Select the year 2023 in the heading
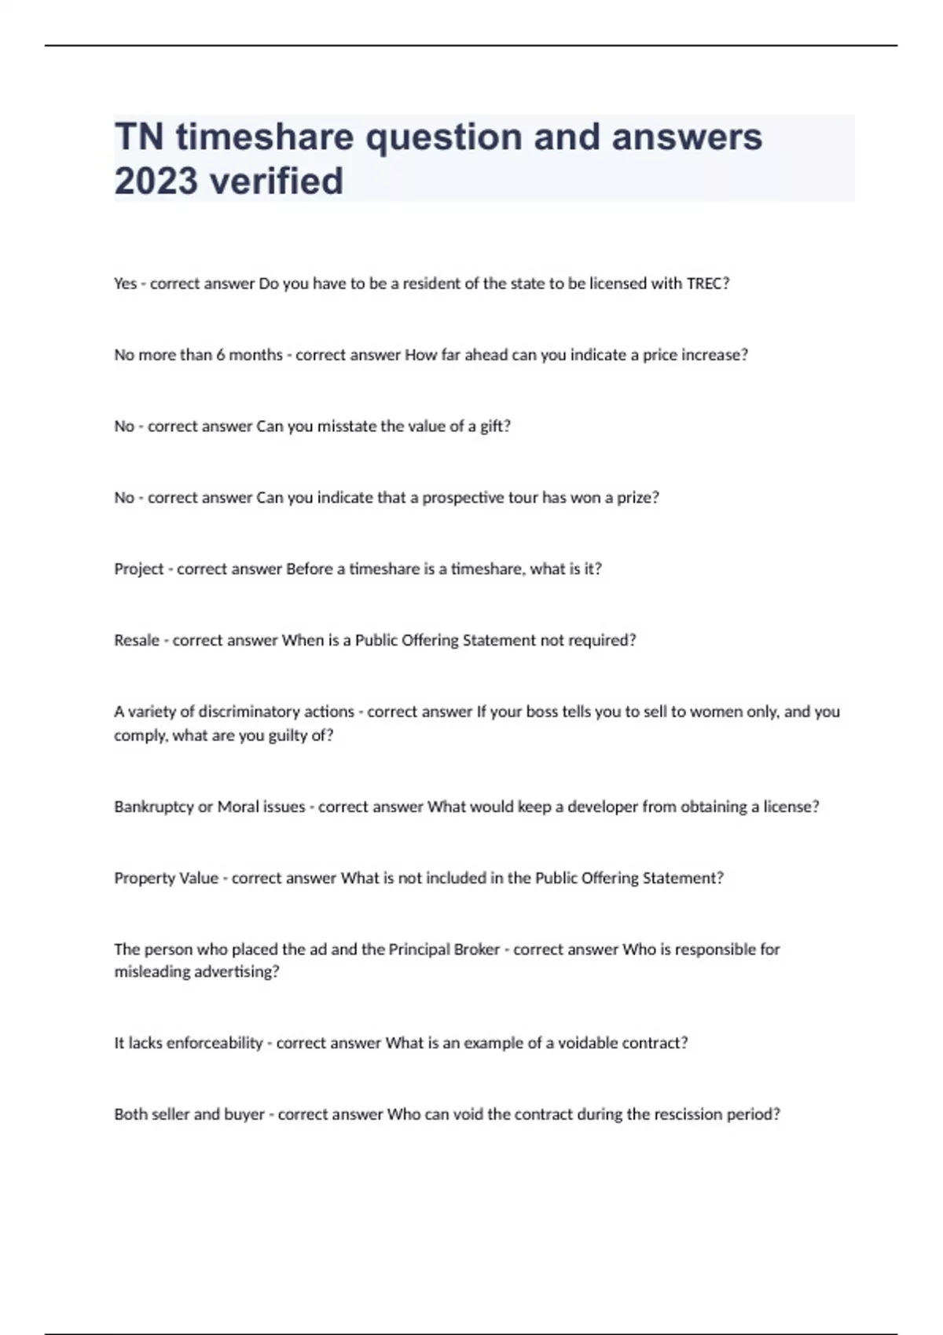coord(156,181)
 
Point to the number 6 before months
coord(221,355)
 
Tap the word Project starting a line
coord(139,569)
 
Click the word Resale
coord(137,641)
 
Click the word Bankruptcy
coord(154,807)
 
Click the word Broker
coord(478,949)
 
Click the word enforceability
coord(215,1044)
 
